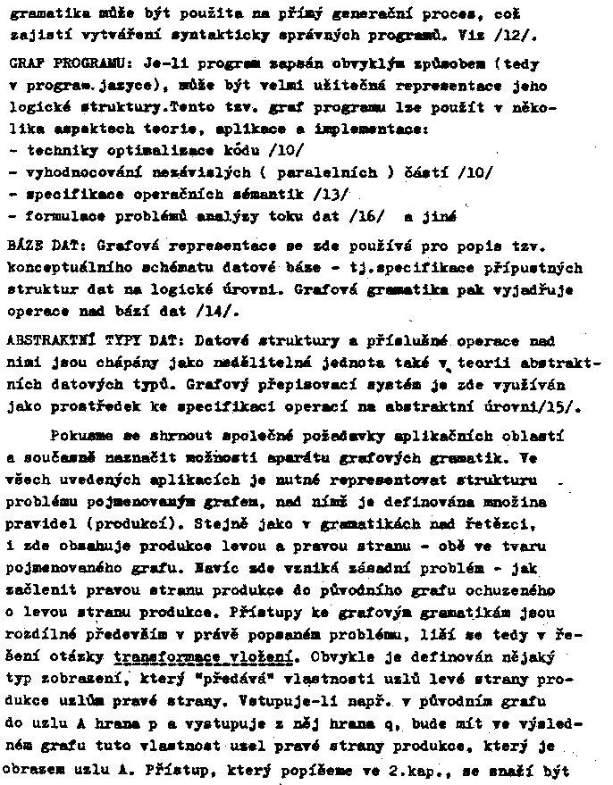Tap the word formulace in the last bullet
(62, 217)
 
